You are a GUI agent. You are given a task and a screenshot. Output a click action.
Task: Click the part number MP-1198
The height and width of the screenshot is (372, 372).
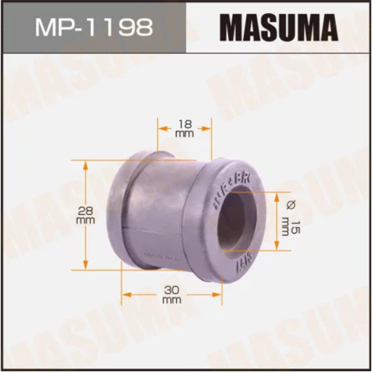[x=93, y=27]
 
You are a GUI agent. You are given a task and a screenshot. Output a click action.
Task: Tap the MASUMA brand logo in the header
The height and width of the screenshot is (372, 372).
[x=279, y=27]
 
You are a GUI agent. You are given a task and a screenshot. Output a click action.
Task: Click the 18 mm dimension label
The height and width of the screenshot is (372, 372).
[x=185, y=128]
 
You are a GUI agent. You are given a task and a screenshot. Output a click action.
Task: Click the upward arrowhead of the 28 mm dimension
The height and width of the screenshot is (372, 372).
[x=85, y=164]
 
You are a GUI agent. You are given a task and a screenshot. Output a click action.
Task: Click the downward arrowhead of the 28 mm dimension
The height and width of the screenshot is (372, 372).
[x=85, y=266]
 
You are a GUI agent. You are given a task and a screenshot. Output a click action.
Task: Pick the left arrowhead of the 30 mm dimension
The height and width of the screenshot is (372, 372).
[x=126, y=294]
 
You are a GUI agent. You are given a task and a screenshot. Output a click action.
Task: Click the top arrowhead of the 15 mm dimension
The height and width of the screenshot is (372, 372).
[x=278, y=196]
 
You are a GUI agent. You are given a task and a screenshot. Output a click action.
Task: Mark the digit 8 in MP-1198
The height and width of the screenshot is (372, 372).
[x=144, y=27]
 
